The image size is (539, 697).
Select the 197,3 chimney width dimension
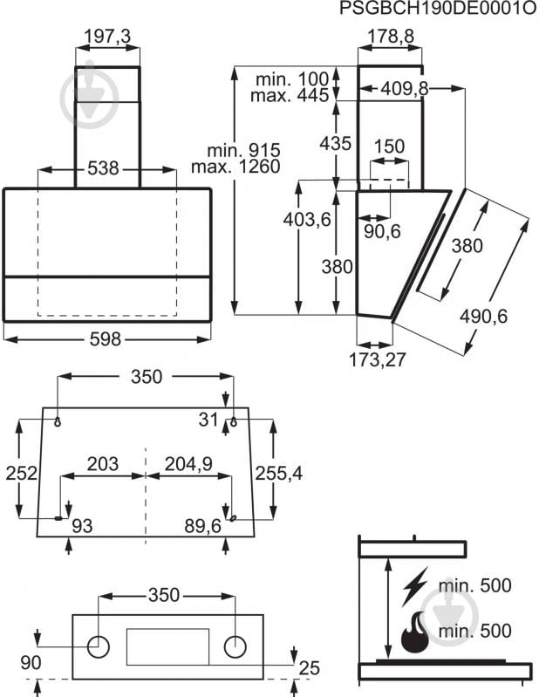107,37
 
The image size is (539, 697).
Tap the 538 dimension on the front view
103,169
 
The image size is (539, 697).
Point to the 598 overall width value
106,339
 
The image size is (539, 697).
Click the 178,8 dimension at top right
389,37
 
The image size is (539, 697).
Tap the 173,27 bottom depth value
378,359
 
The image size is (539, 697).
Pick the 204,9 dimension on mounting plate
188,464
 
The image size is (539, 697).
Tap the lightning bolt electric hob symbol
414,586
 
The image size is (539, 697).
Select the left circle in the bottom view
99,646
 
